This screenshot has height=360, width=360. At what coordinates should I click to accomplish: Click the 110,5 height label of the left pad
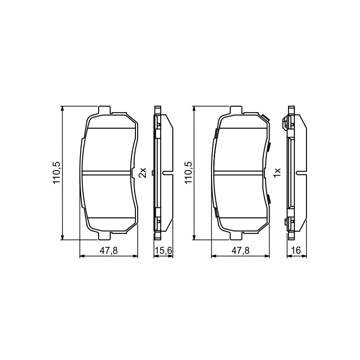coord(57,173)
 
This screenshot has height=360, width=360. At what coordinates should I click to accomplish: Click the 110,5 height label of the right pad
coord(188,173)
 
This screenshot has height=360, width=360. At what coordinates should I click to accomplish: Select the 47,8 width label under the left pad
coord(108,251)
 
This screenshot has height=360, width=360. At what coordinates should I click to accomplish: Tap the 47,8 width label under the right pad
coord(240,251)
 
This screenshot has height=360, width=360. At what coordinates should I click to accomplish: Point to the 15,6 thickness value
coord(163,251)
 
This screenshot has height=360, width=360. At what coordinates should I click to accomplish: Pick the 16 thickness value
coord(296,251)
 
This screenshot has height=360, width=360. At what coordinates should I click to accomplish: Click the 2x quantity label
coord(142,173)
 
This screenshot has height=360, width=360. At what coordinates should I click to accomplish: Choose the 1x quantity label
coord(277,173)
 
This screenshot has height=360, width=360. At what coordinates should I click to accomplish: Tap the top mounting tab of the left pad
coord(104,110)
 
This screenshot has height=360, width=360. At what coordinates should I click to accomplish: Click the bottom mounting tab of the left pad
coord(104,236)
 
